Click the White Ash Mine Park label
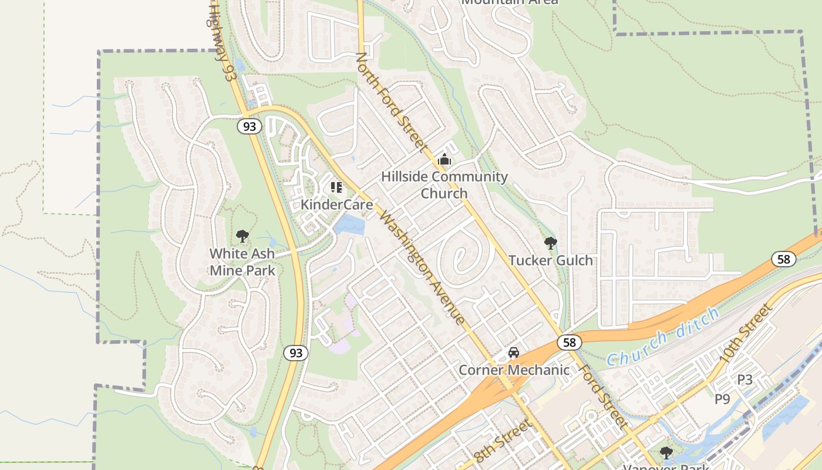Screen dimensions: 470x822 coord(242,262)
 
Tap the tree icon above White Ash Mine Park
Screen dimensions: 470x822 coord(242,237)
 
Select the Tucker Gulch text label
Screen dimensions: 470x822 coord(550,260)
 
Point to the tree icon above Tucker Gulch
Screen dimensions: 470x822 coord(550,243)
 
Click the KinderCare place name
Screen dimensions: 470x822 coord(336,205)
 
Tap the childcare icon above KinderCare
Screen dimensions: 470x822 coord(336,187)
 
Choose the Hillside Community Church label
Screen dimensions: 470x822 coord(444,184)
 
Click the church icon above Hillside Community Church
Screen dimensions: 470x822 coord(444,159)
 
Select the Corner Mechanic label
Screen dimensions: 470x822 coord(514,370)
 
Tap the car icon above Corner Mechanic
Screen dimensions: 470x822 coord(514,352)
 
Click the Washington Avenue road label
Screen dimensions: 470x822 coord(423,267)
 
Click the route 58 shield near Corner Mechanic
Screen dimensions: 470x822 coord(569,342)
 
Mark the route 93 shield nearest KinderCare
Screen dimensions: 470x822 coord(250,126)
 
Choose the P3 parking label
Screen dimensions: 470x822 coord(744,380)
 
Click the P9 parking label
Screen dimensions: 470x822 coord(722,399)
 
